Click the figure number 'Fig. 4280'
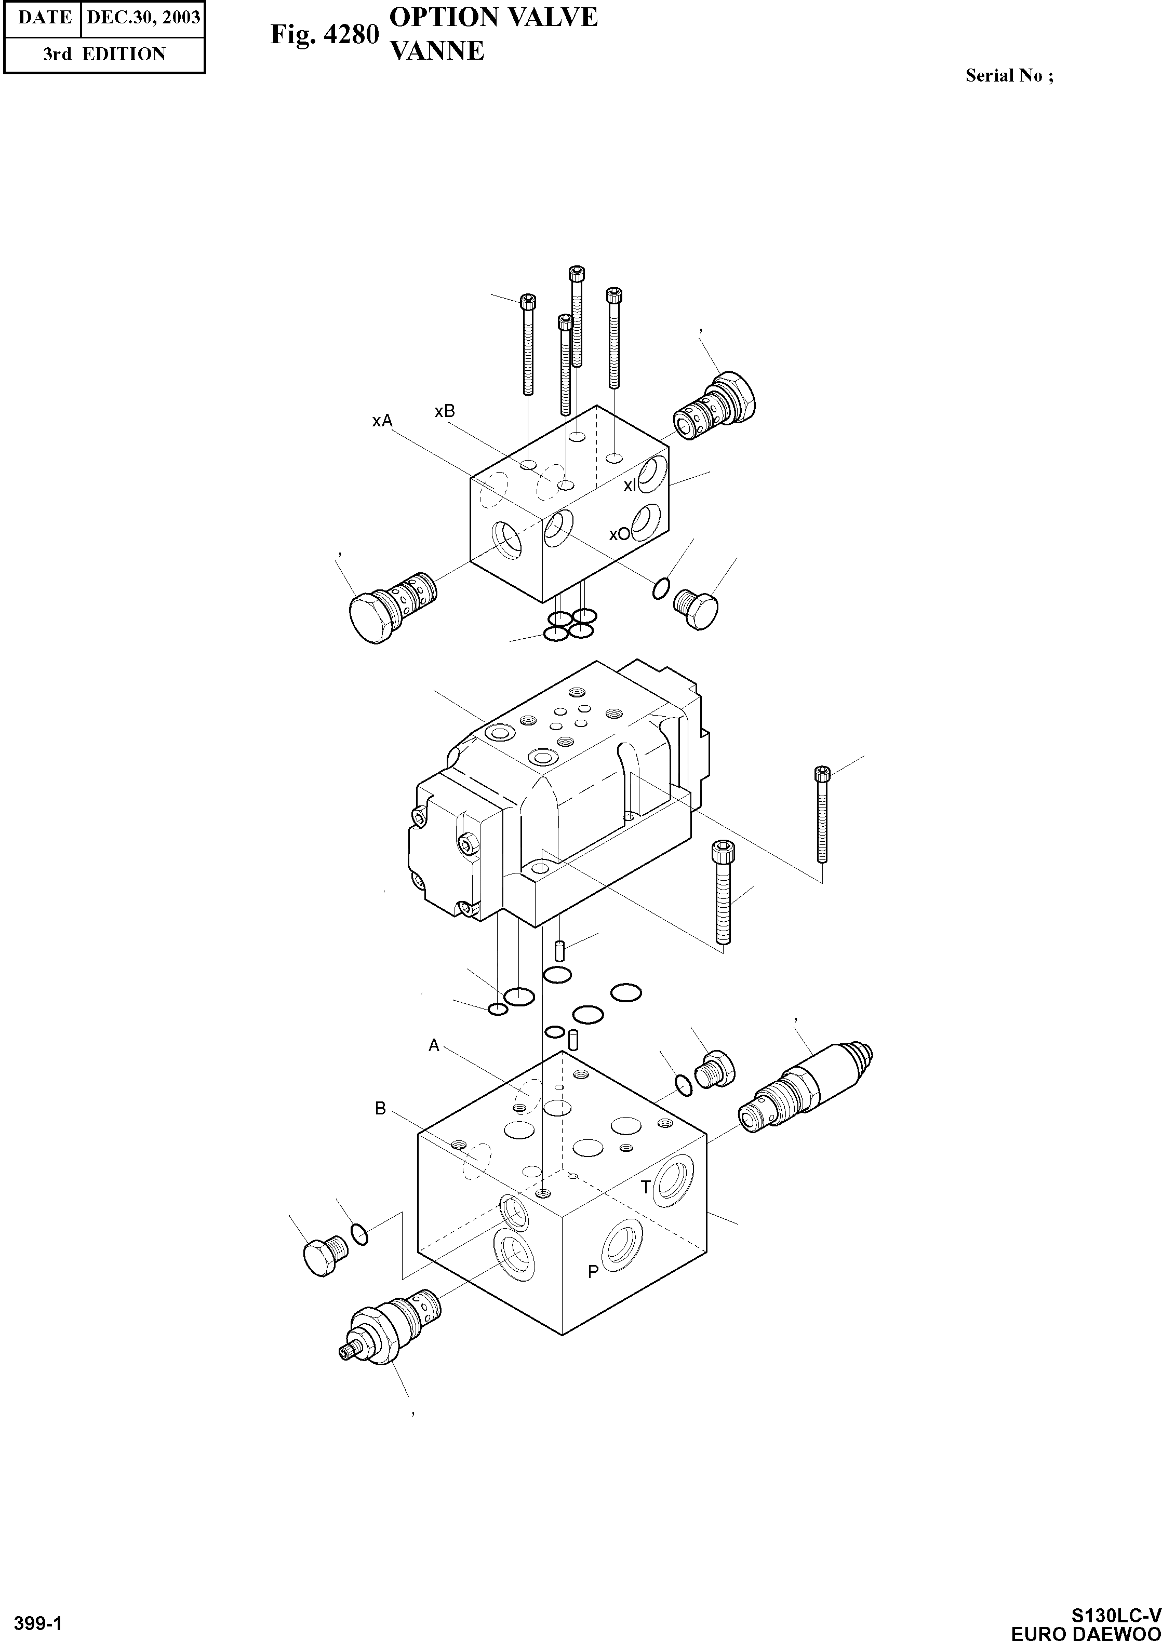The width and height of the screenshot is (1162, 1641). pos(324,34)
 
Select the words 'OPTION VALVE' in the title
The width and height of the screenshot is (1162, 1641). pos(493,17)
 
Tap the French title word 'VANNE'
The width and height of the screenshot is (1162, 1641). pos(436,51)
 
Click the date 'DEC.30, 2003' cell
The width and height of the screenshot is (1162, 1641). pos(143,17)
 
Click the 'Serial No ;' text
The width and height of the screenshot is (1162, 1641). pos(1009,76)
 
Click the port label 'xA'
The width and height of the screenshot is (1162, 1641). pos(382,421)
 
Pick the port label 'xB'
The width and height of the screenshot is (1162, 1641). pos(444,411)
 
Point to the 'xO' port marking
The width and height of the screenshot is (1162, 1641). pos(619,534)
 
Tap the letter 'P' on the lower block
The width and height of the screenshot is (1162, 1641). pos(593,1271)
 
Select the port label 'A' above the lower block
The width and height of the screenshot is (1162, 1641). pos(434,1046)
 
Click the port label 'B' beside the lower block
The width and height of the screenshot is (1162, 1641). pos(381,1108)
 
